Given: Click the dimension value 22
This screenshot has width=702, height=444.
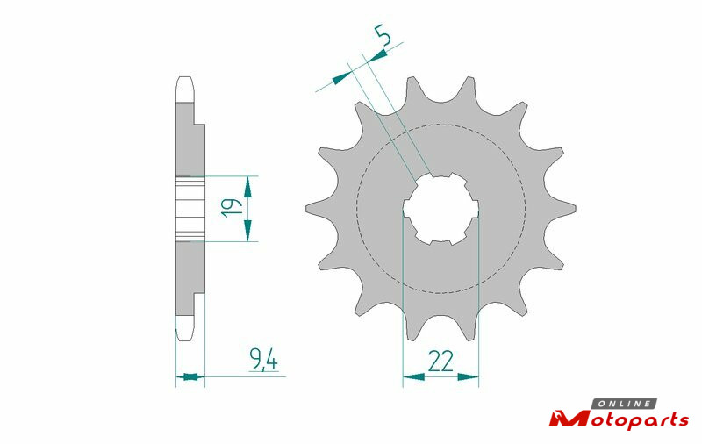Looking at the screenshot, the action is point(441,362).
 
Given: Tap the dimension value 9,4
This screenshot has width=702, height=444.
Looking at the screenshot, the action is point(264,360).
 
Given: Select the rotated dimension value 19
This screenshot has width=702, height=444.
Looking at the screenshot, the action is point(232,208).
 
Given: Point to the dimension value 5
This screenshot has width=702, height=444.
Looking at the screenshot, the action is point(383,36).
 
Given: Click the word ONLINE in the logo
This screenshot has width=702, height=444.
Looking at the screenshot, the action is point(625,404).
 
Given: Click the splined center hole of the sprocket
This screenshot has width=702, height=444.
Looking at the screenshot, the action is point(441,209).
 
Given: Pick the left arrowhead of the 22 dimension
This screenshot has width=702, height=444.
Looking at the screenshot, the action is point(413,376).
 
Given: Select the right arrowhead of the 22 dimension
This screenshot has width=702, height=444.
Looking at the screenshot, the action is point(468,376).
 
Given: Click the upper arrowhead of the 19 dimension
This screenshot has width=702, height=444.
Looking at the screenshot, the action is point(247,187).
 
